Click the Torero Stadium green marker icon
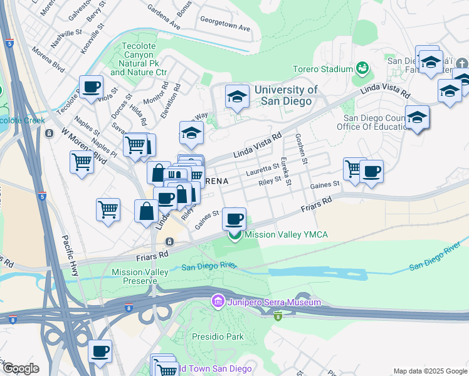pos(362,68)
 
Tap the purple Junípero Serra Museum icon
pos(218,302)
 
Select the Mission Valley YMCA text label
pos(286,235)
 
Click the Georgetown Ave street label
pos(225,28)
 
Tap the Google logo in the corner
pos(21,368)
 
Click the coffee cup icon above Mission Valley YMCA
pos(234,219)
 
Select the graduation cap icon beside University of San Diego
pos(236,97)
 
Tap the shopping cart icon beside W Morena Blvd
pos(82,162)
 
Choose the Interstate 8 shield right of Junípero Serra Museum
pos(277,316)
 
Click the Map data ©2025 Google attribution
pos(429,371)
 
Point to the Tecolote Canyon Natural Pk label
pos(139,59)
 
